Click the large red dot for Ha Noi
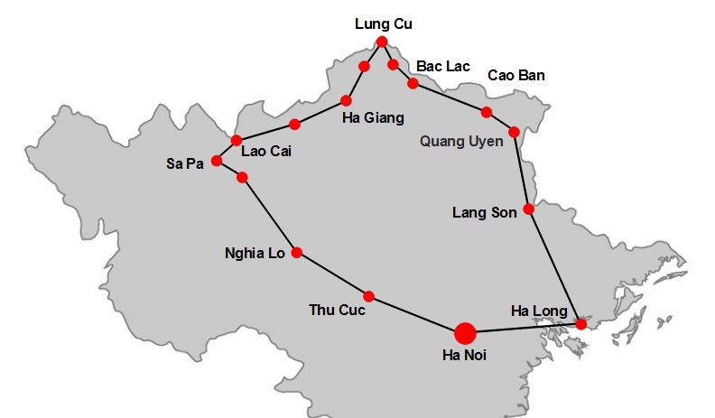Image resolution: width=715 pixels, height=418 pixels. (x=465, y=334)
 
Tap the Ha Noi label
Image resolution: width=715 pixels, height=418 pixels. (x=464, y=356)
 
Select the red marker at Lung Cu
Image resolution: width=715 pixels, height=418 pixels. (x=382, y=42)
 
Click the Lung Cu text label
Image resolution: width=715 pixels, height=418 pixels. (x=385, y=24)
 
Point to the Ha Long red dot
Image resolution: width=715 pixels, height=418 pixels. (x=581, y=324)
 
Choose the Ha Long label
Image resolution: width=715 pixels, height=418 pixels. (x=539, y=311)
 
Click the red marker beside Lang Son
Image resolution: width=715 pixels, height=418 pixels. (x=529, y=209)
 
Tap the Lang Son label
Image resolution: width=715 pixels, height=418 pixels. (x=485, y=213)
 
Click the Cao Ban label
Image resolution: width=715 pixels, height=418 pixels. (x=515, y=75)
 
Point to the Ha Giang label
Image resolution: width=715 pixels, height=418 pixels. (x=373, y=117)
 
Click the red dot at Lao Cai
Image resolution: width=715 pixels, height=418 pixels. (x=237, y=140)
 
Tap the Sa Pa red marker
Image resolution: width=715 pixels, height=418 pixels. (x=217, y=161)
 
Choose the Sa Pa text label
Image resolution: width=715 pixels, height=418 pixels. (x=185, y=163)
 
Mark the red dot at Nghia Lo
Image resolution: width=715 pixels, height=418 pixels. (x=296, y=253)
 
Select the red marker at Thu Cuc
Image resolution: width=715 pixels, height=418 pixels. (x=368, y=296)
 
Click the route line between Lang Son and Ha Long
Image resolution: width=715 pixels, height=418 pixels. (x=555, y=267)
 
